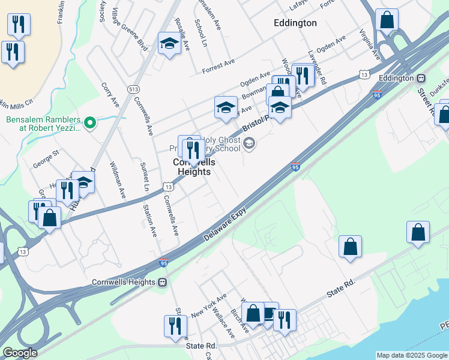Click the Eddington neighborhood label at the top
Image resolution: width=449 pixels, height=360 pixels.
pyautogui.click(x=295, y=23)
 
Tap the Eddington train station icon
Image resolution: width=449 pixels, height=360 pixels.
pyautogui.click(x=421, y=78)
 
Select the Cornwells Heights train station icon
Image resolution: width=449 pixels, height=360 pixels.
pyautogui.click(x=162, y=282)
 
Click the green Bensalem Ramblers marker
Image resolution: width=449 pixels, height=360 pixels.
pyautogui.click(x=90, y=123)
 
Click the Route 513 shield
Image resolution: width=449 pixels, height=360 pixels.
pyautogui.click(x=134, y=89)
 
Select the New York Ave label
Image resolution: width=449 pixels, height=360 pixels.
pyautogui.click(x=208, y=306)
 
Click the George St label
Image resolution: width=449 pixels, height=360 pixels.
pyautogui.click(x=47, y=161)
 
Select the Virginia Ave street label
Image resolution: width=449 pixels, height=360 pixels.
pyautogui.click(x=370, y=44)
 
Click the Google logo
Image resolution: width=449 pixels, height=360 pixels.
pyautogui.click(x=20, y=353)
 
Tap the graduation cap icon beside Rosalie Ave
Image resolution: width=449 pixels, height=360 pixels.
pyautogui.click(x=169, y=44)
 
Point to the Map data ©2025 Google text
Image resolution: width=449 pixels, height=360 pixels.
pyautogui.click(x=411, y=355)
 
